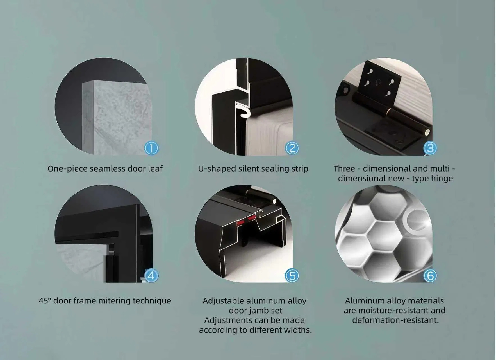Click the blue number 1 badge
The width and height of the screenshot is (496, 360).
[151, 148]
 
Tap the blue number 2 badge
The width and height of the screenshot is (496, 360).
[292, 148]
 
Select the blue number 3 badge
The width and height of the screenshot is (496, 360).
[430, 148]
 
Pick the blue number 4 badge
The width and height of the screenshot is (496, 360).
[151, 275]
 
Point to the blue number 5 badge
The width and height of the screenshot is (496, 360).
[292, 275]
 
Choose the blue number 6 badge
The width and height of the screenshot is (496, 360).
[430, 275]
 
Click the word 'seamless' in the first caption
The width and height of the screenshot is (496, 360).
[108, 169]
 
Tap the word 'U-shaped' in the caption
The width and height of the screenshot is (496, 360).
[217, 169]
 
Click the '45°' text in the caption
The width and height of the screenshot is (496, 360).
[45, 301]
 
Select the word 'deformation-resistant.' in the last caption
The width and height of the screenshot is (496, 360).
[395, 320]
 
